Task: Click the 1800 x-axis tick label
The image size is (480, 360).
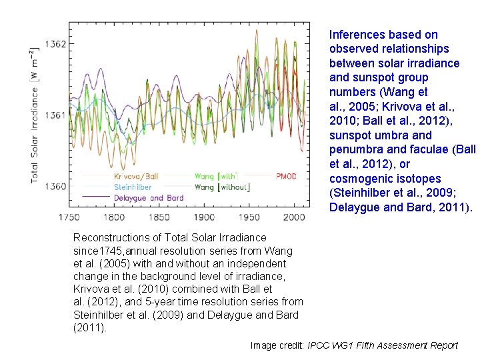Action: pyautogui.click(x=113, y=217)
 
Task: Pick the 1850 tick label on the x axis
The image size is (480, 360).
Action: pyautogui.click(x=159, y=217)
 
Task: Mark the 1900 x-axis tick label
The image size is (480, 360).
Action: pyautogui.click(x=204, y=217)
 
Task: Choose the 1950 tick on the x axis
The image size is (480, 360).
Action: pyautogui.click(x=249, y=217)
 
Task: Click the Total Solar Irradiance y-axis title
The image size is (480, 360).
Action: pyautogui.click(x=35, y=115)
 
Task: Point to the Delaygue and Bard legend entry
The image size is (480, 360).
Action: pyautogui.click(x=148, y=198)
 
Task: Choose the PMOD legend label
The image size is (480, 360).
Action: pyautogui.click(x=286, y=177)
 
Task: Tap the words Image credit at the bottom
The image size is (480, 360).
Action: pyautogui.click(x=277, y=345)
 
